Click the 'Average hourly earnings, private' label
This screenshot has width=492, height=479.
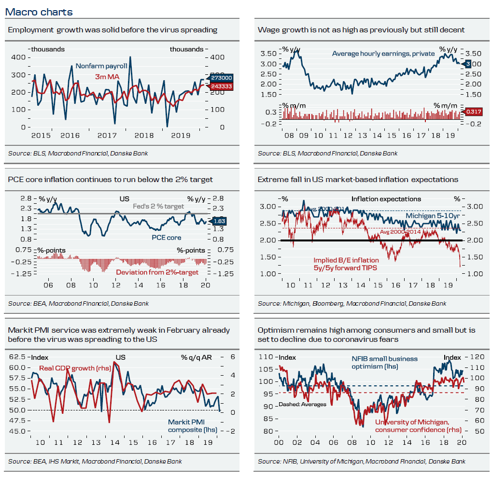pyautogui.click(x=383, y=53)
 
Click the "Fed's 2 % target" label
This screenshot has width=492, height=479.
pyautogui.click(x=158, y=206)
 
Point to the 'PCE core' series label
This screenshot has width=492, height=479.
pyautogui.click(x=167, y=237)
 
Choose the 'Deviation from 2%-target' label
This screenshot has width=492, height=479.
pyautogui.click(x=157, y=272)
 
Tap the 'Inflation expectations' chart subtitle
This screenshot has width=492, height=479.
pyautogui.click(x=386, y=199)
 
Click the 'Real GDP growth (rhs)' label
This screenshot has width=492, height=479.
pyautogui.click(x=75, y=368)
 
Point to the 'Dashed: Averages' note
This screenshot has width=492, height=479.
pyautogui.click(x=302, y=404)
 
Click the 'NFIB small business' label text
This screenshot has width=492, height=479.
pyautogui.click(x=384, y=359)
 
